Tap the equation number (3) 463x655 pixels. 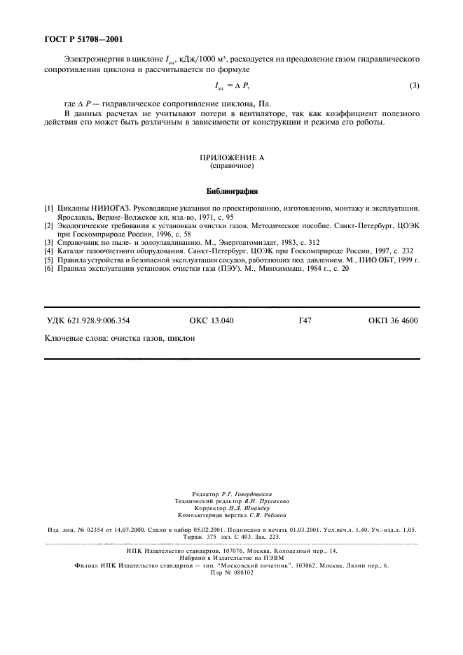click(x=414, y=86)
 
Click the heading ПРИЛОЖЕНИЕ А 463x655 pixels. click(x=231, y=159)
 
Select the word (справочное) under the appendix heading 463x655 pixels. click(x=231, y=167)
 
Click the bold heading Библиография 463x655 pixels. click(x=231, y=191)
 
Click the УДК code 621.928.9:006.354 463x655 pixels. click(x=88, y=321)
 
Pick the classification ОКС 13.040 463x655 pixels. click(x=212, y=321)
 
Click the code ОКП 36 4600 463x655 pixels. click(x=392, y=321)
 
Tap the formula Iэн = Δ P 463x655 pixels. click(x=231, y=86)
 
